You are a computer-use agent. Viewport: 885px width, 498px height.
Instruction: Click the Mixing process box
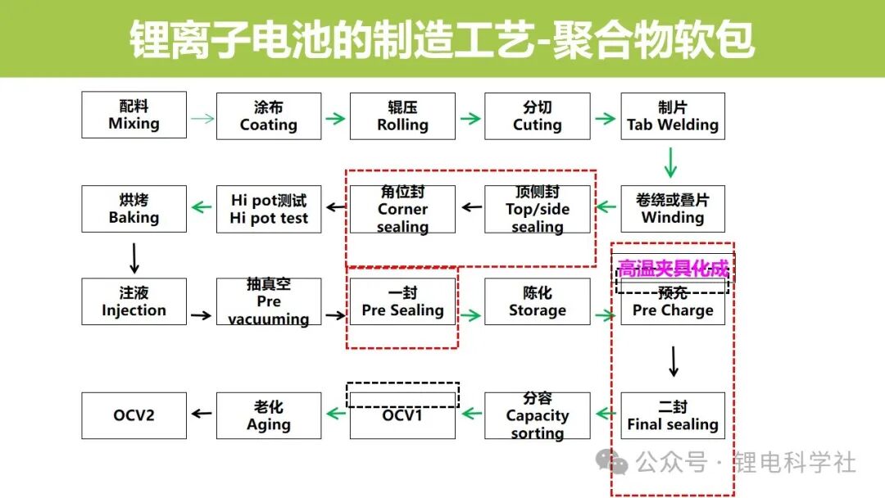[134, 115]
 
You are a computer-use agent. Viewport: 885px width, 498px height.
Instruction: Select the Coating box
[268, 115]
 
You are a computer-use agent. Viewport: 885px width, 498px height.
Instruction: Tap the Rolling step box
[402, 115]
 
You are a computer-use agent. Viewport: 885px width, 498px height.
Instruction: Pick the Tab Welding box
[672, 115]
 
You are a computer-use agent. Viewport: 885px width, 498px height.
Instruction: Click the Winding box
[672, 209]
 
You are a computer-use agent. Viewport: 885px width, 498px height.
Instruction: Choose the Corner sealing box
[402, 209]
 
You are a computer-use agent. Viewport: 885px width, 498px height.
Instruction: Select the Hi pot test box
[268, 209]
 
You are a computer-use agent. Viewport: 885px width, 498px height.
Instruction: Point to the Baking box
[134, 209]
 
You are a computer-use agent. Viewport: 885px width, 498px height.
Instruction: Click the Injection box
[134, 301]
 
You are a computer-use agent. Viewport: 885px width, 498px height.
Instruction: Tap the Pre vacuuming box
[268, 301]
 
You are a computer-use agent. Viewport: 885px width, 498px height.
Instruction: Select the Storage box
[537, 301]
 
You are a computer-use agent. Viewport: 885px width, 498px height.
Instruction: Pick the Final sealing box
[672, 415]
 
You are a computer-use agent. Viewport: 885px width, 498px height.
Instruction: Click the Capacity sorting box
[537, 415]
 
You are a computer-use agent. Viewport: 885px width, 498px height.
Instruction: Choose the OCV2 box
[134, 415]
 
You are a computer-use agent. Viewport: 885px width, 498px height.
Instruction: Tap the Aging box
[268, 415]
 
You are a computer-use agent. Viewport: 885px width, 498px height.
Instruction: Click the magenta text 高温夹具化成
[673, 269]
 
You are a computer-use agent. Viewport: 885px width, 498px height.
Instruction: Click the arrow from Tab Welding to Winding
[670, 162]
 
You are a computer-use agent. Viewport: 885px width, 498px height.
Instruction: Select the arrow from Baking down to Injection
[134, 257]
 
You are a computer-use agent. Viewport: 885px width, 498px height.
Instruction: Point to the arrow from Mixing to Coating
[202, 118]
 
